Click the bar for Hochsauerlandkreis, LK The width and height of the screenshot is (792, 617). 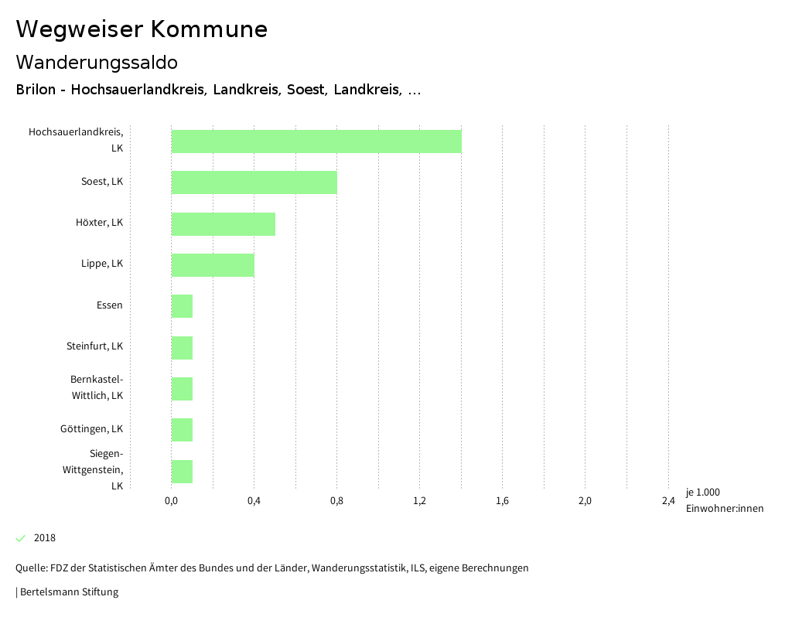point(316,141)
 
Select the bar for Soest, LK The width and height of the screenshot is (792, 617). point(254,182)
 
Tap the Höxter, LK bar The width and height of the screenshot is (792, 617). point(223,224)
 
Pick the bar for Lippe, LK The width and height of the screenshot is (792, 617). point(213,265)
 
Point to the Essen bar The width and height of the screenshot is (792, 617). point(182,306)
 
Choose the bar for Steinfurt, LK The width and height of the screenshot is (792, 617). point(182,348)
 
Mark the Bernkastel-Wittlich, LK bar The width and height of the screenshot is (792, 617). point(182,389)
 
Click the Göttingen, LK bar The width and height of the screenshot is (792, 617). point(182,430)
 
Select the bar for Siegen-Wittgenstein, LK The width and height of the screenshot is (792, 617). point(182,471)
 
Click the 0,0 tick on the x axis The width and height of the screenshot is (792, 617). point(172,501)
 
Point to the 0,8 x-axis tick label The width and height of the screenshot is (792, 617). point(337,501)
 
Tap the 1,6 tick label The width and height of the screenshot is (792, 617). point(503,501)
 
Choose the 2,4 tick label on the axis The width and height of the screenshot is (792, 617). point(668,501)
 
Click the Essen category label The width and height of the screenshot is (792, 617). point(110,305)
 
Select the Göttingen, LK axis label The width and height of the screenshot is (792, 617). point(91,429)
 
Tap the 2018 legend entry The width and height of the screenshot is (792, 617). point(44,538)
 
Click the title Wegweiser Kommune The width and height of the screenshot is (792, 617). point(142,29)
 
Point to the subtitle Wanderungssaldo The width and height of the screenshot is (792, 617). point(97,63)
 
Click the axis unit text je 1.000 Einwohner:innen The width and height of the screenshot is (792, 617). point(724,500)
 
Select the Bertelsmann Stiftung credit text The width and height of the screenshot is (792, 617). point(68,592)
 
